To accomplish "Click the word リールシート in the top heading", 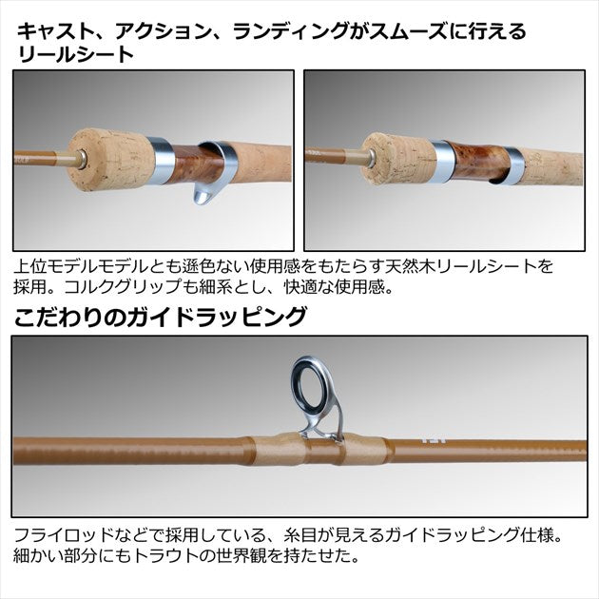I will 75,55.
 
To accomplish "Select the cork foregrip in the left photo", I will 112,159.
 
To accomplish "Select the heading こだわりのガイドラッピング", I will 161,317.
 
